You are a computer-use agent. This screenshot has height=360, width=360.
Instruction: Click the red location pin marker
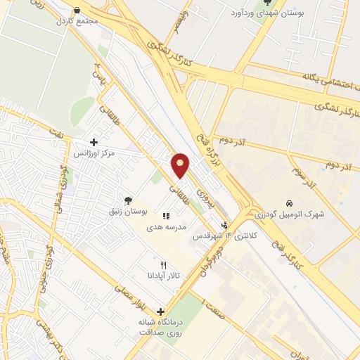coord(181,165)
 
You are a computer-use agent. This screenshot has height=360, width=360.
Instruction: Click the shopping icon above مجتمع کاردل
coord(77,11)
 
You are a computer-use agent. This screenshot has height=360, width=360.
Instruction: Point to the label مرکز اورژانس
coord(98,153)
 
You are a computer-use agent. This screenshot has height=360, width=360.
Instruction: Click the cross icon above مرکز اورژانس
coord(94,142)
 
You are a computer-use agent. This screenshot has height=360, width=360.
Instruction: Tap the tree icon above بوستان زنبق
coord(127,200)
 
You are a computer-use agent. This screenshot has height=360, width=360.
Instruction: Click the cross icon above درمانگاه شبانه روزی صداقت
coord(161,311)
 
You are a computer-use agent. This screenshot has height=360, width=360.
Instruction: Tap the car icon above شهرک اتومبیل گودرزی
coord(288,203)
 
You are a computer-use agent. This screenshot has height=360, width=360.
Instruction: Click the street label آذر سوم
coord(302,175)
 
